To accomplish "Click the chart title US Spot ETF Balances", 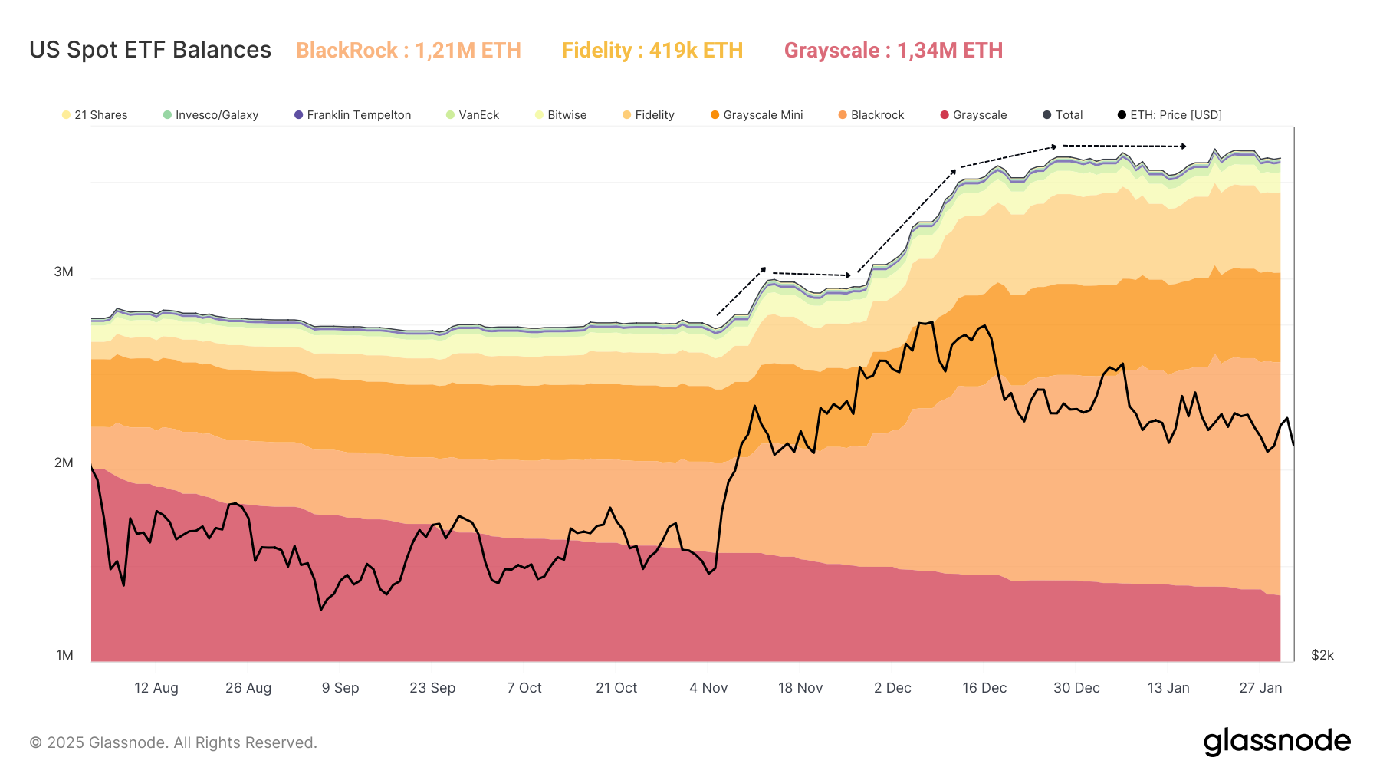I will (150, 50).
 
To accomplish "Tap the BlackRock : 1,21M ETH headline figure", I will (408, 51).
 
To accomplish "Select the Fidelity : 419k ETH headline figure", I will (652, 51).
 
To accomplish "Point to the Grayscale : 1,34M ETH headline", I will (893, 51).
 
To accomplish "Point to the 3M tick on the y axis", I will (64, 272).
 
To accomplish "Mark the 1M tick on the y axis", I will (64, 655).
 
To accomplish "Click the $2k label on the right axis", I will (1322, 655).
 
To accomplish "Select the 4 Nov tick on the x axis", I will (708, 688).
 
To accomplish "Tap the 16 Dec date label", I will (984, 688).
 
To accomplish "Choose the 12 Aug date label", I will (156, 688).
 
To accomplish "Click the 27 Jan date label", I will (1260, 688).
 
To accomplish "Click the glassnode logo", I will (1276, 742).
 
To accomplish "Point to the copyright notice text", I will (173, 742).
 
